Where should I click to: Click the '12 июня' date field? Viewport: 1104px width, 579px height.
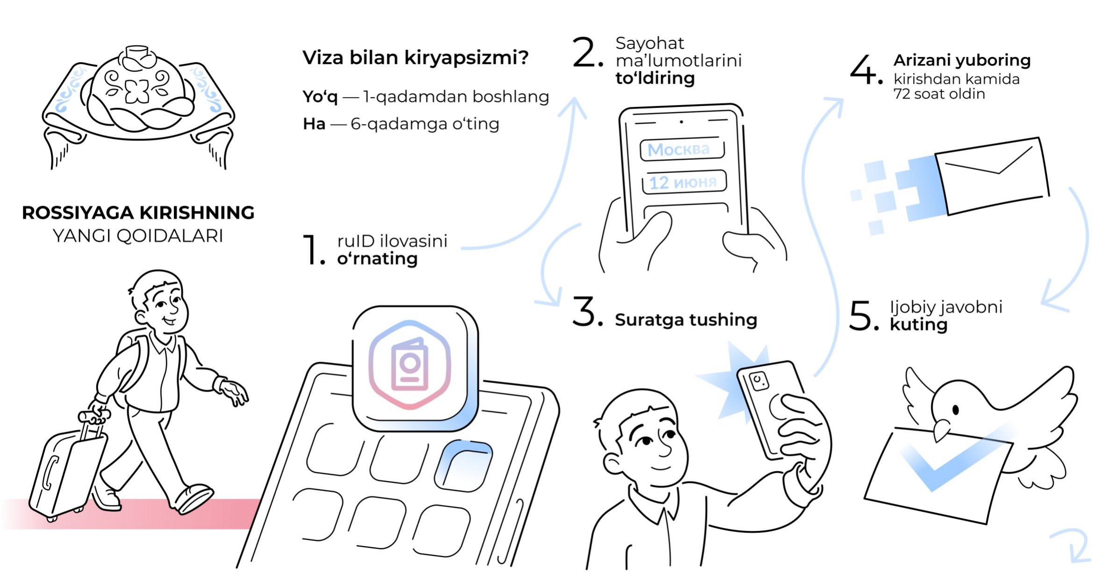tap(684, 182)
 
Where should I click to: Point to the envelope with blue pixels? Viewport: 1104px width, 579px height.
tap(991, 177)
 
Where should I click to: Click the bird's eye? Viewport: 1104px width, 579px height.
tap(955, 410)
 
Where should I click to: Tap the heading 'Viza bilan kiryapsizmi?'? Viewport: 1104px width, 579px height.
tap(415, 58)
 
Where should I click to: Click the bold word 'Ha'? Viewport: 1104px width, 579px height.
tap(314, 124)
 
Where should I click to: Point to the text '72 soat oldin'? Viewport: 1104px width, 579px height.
tap(939, 94)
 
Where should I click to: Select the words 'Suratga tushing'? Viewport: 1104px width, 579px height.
tap(685, 320)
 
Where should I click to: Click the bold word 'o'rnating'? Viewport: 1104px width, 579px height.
tap(377, 258)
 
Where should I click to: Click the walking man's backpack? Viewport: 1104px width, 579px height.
tap(129, 360)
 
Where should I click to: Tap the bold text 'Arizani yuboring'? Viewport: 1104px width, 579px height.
tap(962, 60)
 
